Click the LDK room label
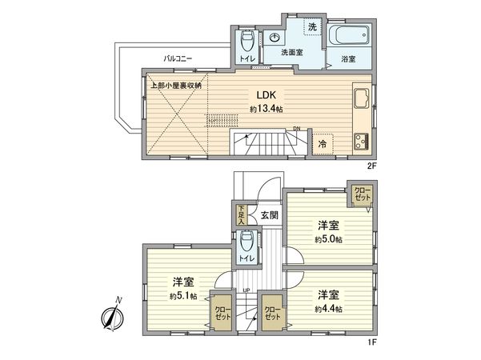click(264, 94)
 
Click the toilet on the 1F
click(247, 241)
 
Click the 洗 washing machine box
click(313, 27)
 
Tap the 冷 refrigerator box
click(322, 144)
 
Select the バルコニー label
click(177, 58)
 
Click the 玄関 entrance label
click(269, 214)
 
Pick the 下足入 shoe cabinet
click(242, 214)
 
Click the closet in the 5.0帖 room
click(363, 194)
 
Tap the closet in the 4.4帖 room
click(273, 312)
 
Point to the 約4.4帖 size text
click(329, 309)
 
